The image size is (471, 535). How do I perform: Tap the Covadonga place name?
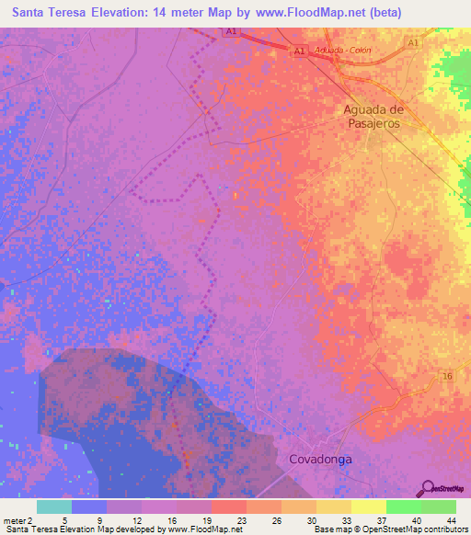321,458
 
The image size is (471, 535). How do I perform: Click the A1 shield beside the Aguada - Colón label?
300,52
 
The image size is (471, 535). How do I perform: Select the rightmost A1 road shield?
413,43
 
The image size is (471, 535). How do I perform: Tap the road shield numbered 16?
447,377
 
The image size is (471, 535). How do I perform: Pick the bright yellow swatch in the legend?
369,507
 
